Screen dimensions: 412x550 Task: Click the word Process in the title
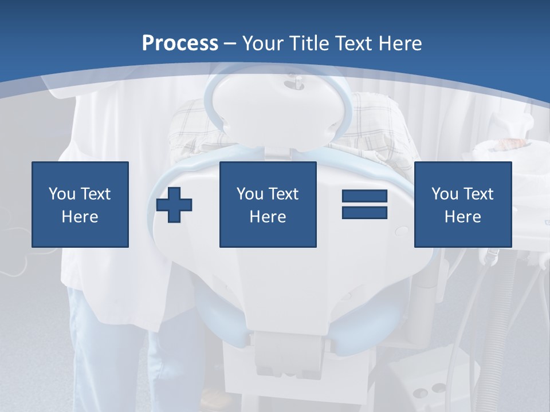click(x=180, y=43)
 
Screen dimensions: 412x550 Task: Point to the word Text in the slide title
click(x=353, y=43)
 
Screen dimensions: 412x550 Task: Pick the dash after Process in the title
click(x=230, y=44)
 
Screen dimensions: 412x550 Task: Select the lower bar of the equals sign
click(x=364, y=212)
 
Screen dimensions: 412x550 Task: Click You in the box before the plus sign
click(x=61, y=194)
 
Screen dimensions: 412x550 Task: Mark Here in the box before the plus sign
click(x=80, y=217)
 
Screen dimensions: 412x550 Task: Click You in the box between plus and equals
click(x=249, y=194)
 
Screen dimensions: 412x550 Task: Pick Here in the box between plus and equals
click(x=268, y=217)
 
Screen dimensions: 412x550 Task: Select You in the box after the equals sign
click(x=444, y=194)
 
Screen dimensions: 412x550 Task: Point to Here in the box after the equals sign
click(x=462, y=217)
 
